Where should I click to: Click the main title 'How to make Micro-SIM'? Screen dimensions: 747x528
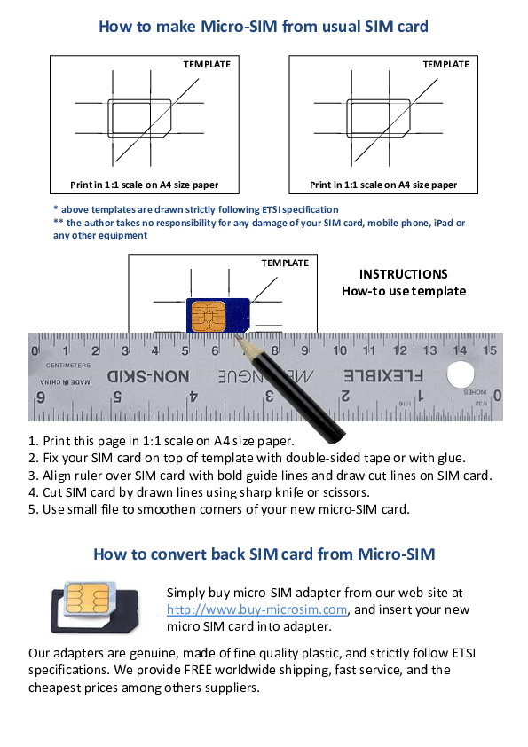click(x=264, y=27)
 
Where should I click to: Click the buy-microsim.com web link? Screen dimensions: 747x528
click(x=256, y=609)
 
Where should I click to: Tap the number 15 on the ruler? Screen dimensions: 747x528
click(x=487, y=351)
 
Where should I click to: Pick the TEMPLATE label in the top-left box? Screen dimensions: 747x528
click(x=207, y=64)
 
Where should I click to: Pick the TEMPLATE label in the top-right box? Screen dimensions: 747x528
click(x=446, y=64)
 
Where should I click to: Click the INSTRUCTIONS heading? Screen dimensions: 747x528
click(x=403, y=275)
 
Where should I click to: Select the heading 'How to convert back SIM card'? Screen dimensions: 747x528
click(x=264, y=555)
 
